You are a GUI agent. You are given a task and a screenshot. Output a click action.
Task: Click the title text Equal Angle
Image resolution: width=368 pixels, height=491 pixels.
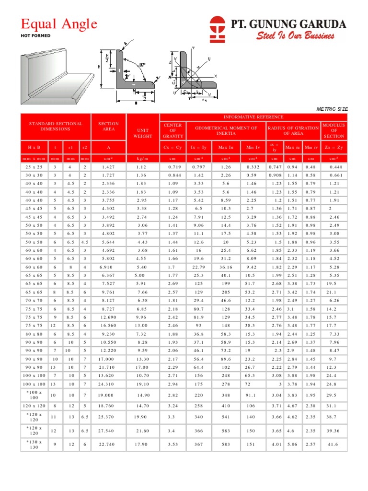click(x=58, y=23)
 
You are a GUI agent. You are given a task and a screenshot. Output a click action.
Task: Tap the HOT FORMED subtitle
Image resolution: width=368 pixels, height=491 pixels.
click(x=35, y=36)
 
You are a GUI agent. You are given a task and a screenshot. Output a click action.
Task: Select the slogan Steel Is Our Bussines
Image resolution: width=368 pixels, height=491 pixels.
click(x=295, y=35)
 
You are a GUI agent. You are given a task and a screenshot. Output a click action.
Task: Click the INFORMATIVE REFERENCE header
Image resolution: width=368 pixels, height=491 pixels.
click(x=253, y=117)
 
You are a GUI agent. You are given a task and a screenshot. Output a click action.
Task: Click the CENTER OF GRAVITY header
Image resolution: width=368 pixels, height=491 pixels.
click(x=172, y=130)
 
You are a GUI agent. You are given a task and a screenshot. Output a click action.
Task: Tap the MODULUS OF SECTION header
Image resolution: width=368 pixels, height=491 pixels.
click(x=333, y=130)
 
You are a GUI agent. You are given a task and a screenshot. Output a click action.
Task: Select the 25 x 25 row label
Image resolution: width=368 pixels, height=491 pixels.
click(x=34, y=166)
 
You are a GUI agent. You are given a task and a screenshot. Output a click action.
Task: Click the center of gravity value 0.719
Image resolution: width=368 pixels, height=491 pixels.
click(x=172, y=166)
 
